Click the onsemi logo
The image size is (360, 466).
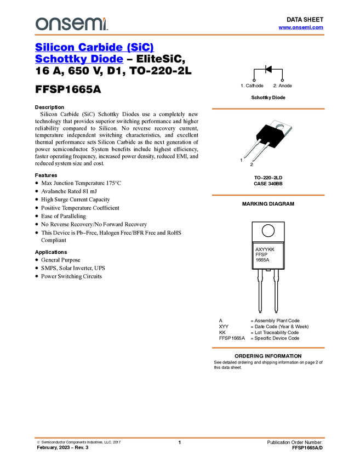(72, 24)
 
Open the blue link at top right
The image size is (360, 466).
(301, 28)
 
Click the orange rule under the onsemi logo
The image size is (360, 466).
(180, 35)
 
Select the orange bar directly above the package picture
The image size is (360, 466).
(268, 109)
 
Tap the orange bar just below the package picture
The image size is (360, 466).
(268, 195)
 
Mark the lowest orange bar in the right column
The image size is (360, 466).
(268, 348)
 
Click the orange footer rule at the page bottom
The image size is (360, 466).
(180, 438)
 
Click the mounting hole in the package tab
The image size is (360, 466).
(281, 130)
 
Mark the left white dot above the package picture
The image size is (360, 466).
(254, 81)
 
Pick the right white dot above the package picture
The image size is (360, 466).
(282, 81)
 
